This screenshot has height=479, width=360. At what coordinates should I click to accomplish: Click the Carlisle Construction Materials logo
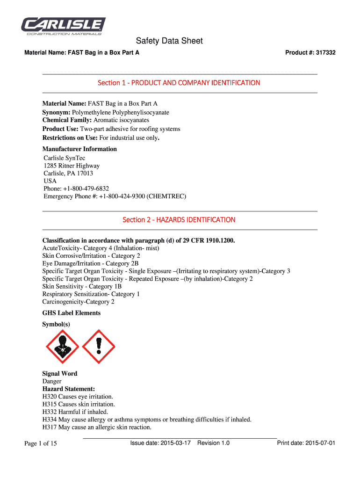pyautogui.click(x=64, y=26)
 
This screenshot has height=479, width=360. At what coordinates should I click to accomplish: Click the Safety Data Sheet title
pyautogui.click(x=169, y=41)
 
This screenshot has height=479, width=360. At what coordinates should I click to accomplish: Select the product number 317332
pyautogui.click(x=326, y=53)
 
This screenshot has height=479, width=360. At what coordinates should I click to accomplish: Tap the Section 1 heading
pyautogui.click(x=179, y=83)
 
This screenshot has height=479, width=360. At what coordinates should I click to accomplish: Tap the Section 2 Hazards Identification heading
pyautogui.click(x=179, y=220)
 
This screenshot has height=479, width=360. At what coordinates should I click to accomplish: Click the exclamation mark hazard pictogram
pyautogui.click(x=98, y=347)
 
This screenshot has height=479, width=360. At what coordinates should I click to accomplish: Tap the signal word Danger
pyautogui.click(x=52, y=381)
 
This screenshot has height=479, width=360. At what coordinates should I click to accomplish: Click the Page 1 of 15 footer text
pyautogui.click(x=41, y=443)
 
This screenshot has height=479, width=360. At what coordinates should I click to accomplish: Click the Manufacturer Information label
pyautogui.click(x=79, y=149)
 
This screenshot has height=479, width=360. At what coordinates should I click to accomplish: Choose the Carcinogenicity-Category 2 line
pyautogui.click(x=78, y=302)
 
